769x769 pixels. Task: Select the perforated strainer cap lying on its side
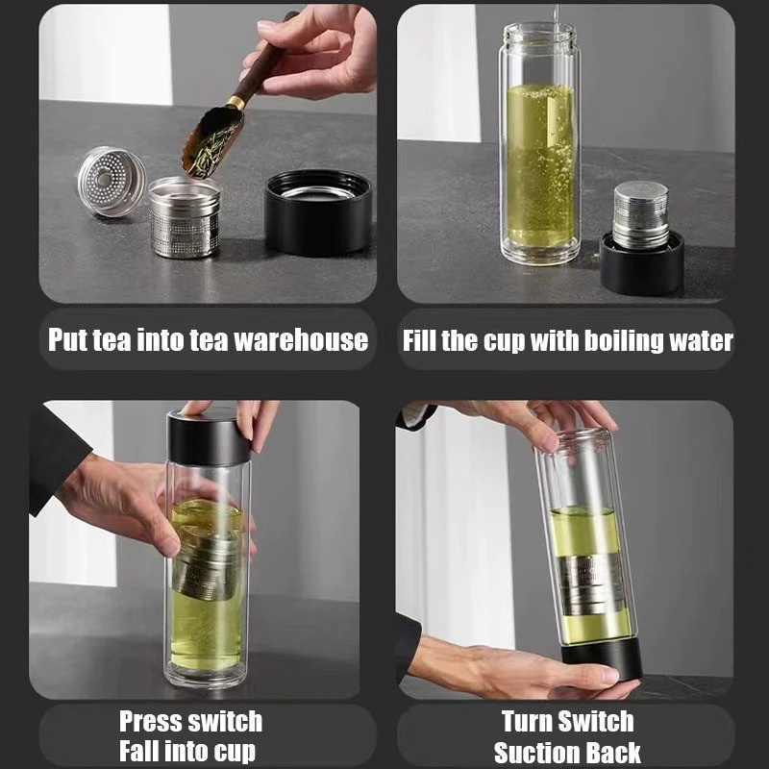tap(111, 181)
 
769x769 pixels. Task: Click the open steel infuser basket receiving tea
tap(184, 216)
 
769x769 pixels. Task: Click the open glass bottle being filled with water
tap(539, 144)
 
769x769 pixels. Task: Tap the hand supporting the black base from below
tap(519, 678)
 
